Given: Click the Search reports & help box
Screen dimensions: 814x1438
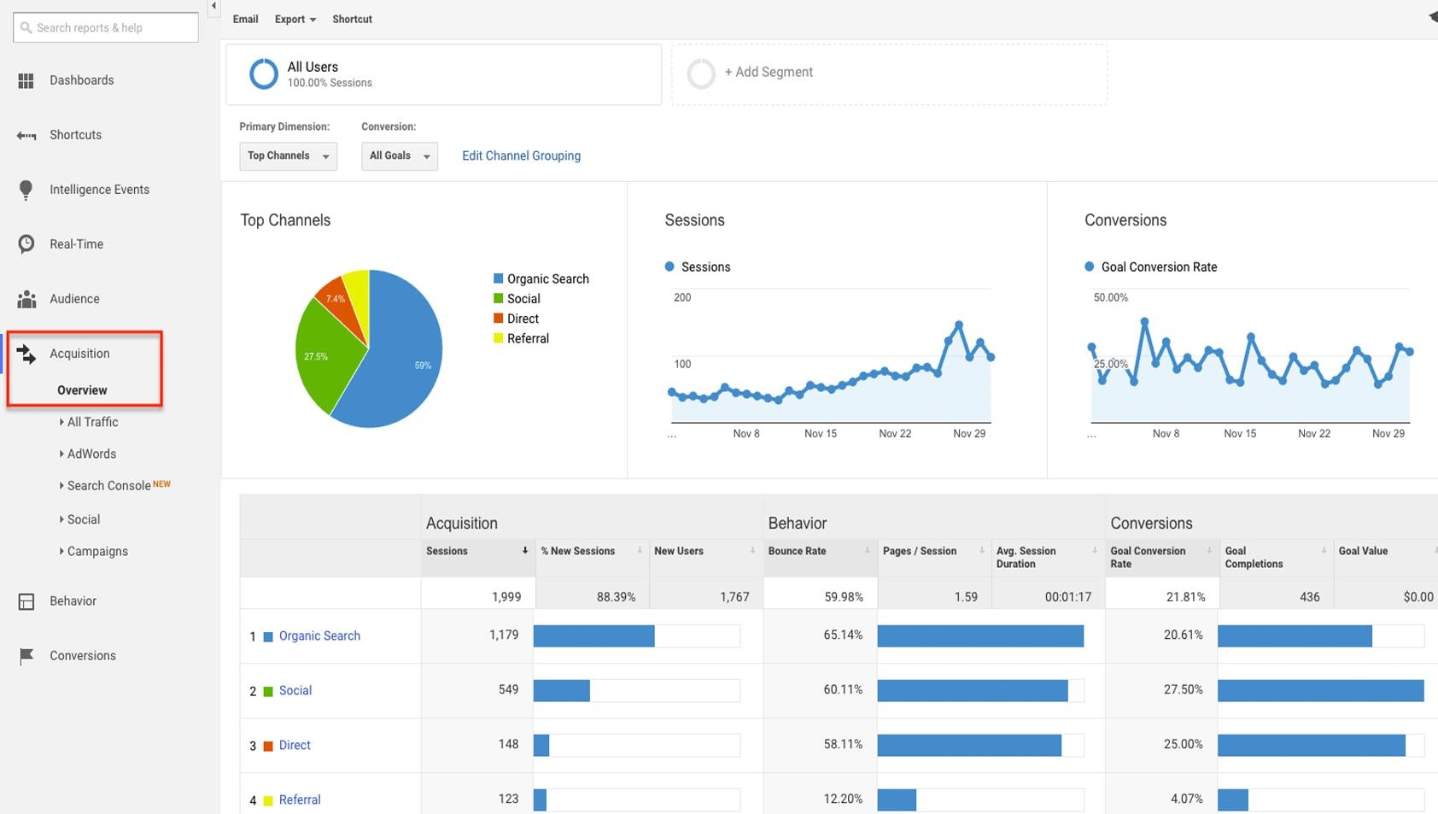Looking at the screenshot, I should point(106,27).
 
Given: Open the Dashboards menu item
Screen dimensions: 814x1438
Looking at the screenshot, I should point(81,80).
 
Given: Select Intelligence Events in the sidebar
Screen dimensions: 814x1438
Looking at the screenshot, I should point(99,190).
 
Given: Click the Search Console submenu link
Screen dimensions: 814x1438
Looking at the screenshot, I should point(109,485).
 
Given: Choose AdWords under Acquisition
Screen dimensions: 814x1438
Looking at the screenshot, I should point(91,454).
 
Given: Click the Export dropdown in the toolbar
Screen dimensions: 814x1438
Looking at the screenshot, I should point(295,19).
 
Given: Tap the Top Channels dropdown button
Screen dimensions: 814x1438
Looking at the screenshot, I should point(288,155).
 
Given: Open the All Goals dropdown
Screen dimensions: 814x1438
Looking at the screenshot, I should point(399,155).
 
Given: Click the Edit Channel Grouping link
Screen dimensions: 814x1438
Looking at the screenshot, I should point(521,155).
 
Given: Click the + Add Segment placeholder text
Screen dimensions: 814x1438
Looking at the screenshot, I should point(769,72).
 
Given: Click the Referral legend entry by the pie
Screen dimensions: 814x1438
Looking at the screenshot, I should point(527,338).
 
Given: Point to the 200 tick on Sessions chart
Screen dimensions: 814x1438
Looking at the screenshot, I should point(682,297).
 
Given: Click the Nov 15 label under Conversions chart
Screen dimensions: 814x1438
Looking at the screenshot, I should point(1240,434).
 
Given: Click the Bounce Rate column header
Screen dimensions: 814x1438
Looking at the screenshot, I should point(797,551).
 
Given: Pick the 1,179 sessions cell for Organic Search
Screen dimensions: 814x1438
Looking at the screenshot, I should point(504,635).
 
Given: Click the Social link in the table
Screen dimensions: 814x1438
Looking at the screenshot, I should point(295,690).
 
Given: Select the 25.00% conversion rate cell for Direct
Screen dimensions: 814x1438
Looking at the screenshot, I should point(1183,744).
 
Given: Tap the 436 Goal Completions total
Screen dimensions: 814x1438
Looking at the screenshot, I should point(1309,597).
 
